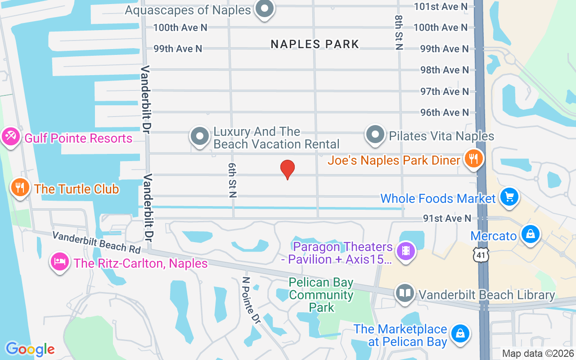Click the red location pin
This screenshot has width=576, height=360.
point(288,170)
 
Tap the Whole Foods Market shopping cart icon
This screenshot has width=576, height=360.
point(509,197)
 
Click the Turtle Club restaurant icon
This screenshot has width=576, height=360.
point(19,188)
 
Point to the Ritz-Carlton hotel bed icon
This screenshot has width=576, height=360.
point(60,262)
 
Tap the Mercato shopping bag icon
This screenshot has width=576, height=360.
point(531,234)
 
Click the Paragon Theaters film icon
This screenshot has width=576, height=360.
point(406,251)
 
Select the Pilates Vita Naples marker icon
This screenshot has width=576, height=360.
point(375,135)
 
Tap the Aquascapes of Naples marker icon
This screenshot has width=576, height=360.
point(265,9)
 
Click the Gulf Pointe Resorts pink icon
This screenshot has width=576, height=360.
point(10,136)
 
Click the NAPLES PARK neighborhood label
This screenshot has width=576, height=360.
point(315,44)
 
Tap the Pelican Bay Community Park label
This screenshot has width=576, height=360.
point(321,295)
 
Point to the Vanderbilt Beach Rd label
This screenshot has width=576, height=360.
point(96,242)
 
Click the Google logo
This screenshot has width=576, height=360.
point(30,349)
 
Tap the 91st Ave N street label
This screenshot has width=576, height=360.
point(447,219)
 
